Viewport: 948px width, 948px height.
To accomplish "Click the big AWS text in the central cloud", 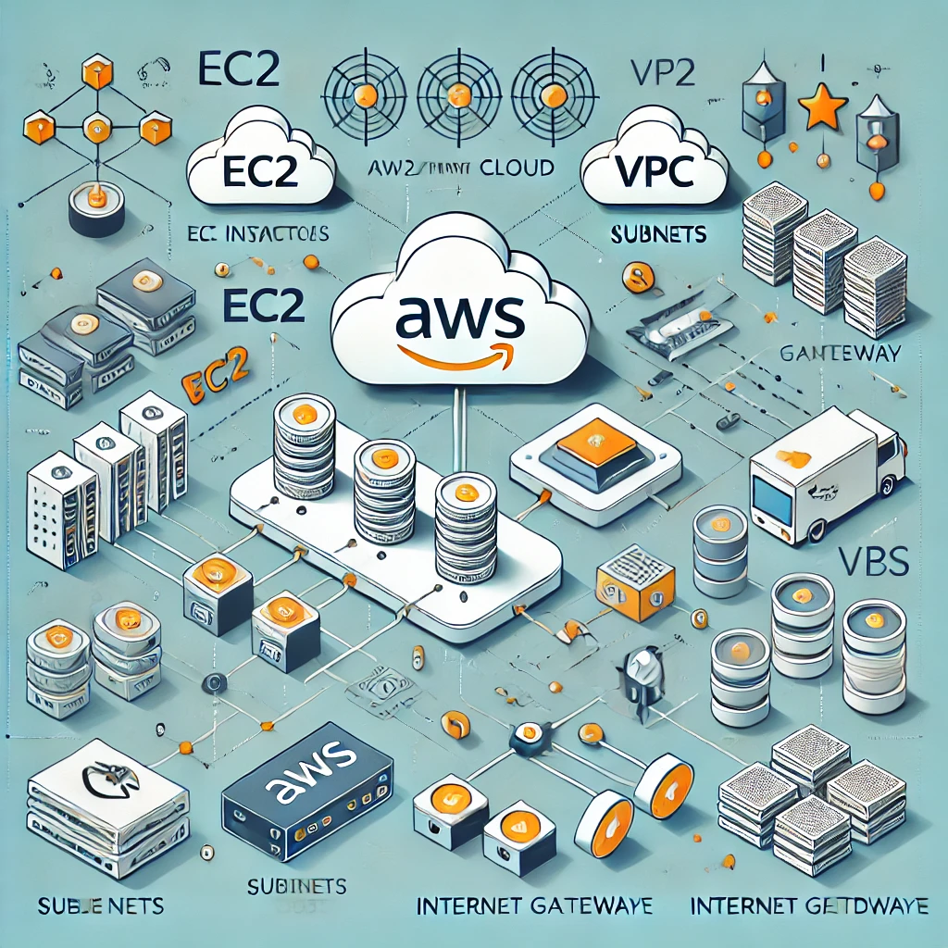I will pyautogui.click(x=460, y=315).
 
